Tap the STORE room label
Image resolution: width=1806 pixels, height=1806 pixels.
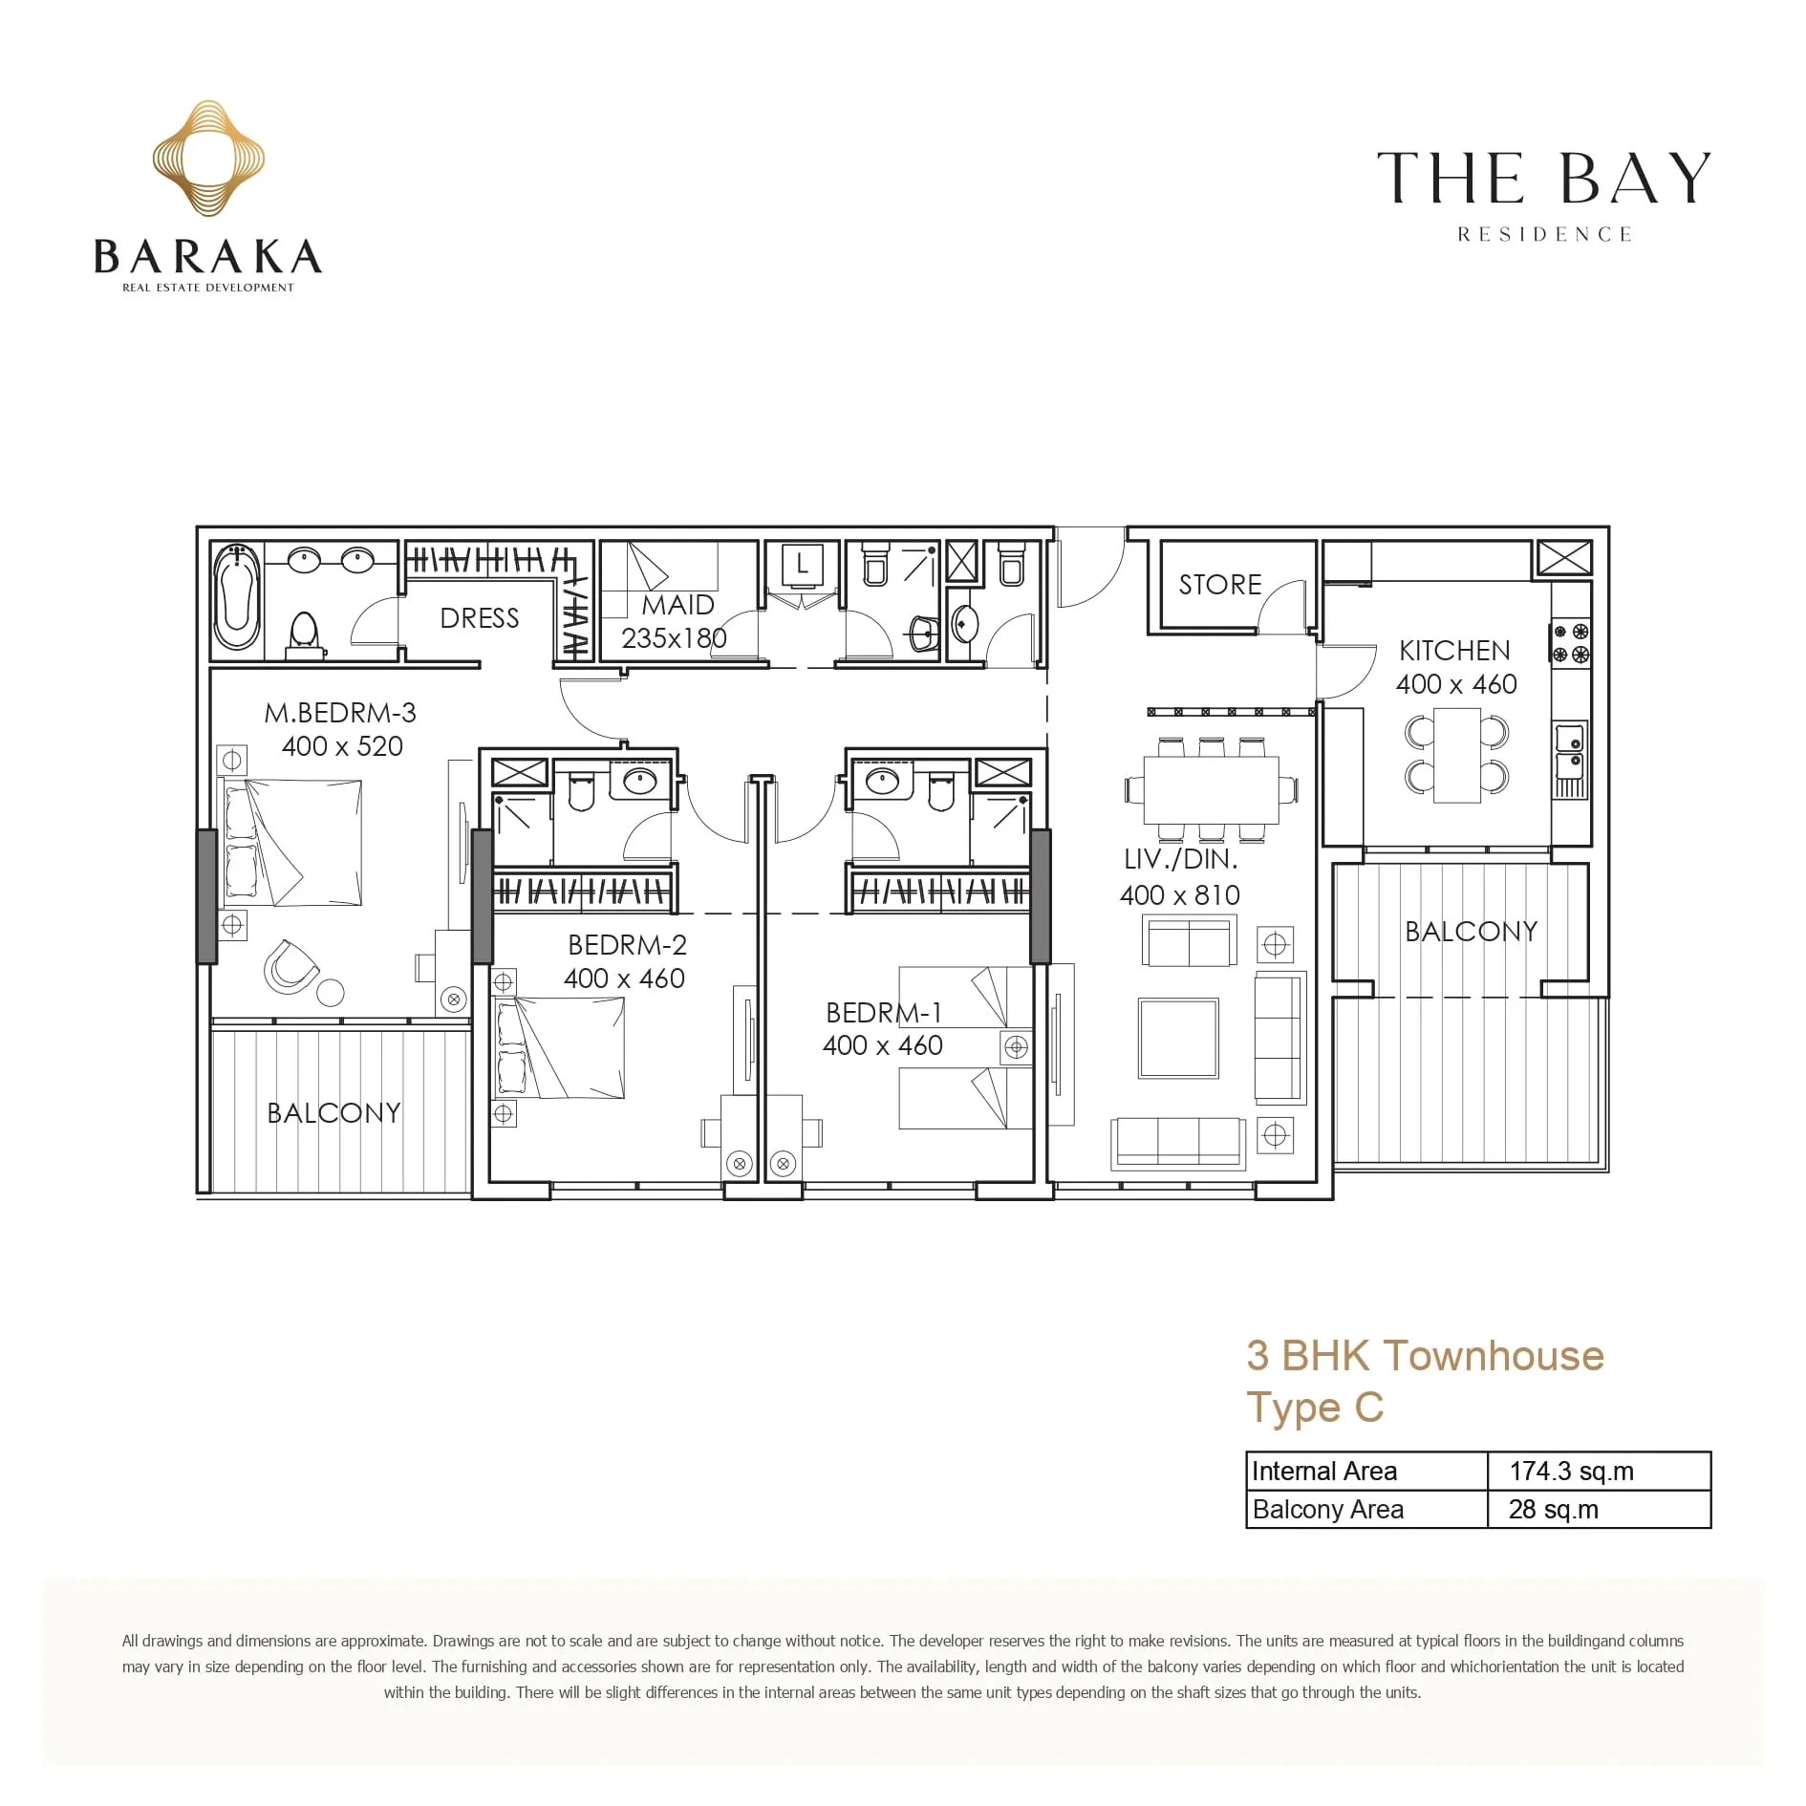[x=1220, y=585]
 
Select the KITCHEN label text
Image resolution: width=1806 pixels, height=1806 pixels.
[x=1454, y=651]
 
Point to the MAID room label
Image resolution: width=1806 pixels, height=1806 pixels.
[x=677, y=605]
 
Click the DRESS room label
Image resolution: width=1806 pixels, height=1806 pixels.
[x=480, y=618]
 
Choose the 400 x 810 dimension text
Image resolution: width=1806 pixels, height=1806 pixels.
[x=1180, y=895]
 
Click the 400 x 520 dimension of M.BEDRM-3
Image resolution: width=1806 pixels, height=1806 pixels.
[x=342, y=746]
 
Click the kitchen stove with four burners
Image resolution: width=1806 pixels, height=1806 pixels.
[x=1570, y=642]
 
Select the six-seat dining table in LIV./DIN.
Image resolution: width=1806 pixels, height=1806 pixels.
[x=1212, y=789]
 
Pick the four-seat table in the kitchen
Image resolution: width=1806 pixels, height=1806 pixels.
[x=1457, y=755]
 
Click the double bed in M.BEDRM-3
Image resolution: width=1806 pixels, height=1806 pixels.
[x=292, y=842]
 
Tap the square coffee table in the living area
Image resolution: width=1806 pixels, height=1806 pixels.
[x=1178, y=1038]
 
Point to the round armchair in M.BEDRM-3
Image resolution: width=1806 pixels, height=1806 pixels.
[x=290, y=966]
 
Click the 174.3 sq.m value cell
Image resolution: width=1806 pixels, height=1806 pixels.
[x=1571, y=1471]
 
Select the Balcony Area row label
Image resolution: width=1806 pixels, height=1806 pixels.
[x=1327, y=1510]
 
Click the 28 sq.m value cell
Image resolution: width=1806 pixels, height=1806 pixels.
[x=1554, y=1510]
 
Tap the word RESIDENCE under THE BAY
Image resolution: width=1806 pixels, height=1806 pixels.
[x=1544, y=235]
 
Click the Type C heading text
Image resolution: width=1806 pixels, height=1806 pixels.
[x=1315, y=1408]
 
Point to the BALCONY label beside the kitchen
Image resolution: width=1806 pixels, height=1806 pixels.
[x=1472, y=932]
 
